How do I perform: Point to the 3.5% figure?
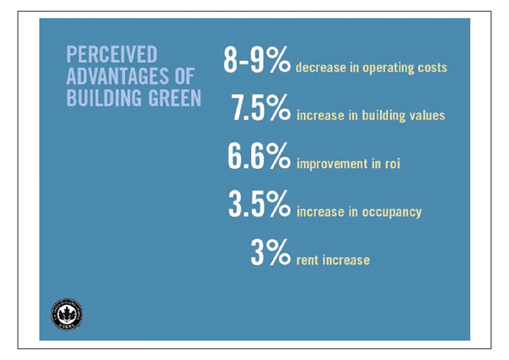coord(260,205)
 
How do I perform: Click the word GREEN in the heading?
coord(171,98)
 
